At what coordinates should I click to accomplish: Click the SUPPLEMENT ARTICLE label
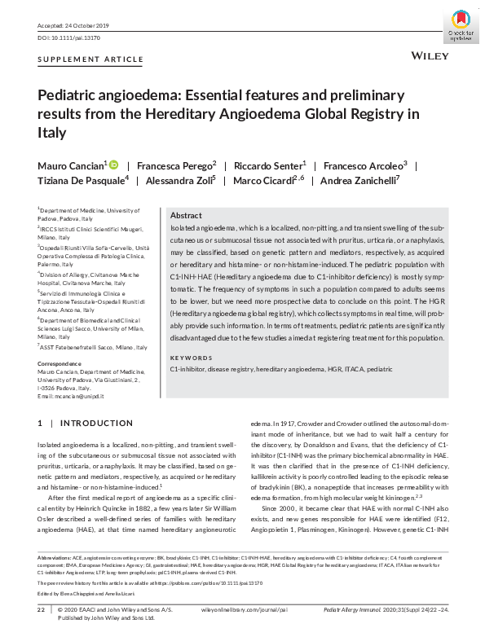(x=90, y=59)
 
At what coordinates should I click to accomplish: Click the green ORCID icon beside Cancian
(x=113, y=165)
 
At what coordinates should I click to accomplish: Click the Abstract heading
(x=186, y=215)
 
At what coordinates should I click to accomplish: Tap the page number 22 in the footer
(x=41, y=609)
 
